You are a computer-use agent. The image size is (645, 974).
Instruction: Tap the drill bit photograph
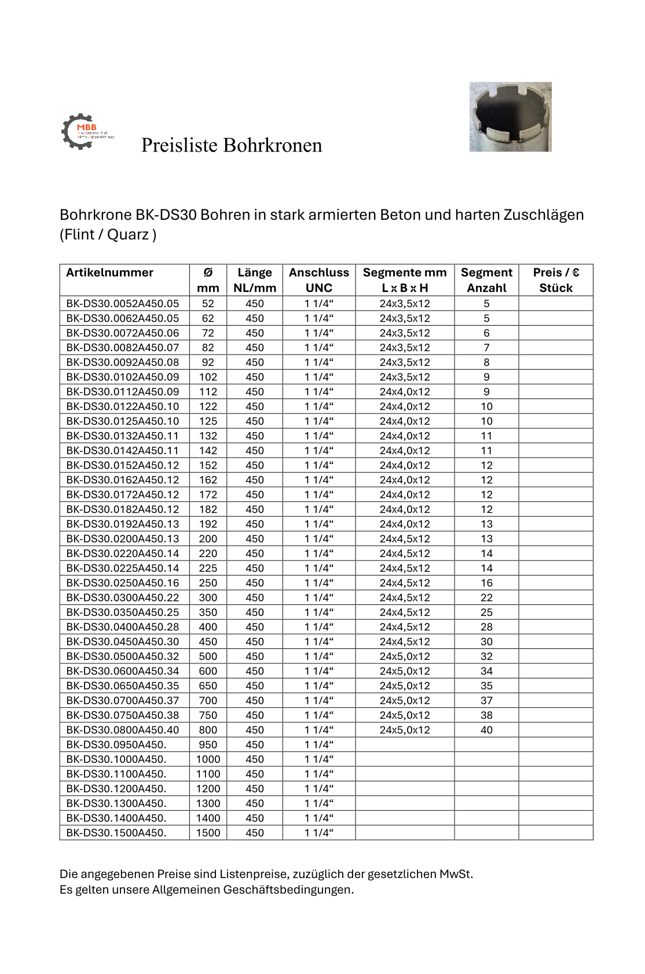(x=510, y=117)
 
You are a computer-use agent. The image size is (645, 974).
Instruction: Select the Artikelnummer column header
(x=110, y=273)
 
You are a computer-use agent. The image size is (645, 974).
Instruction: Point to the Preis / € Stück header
(x=556, y=280)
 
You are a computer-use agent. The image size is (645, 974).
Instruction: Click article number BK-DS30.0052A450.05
(x=123, y=304)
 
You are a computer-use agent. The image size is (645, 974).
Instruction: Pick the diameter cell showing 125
(x=208, y=421)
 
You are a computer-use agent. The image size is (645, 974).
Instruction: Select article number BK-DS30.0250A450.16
(x=123, y=583)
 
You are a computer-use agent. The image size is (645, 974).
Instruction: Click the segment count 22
(x=486, y=597)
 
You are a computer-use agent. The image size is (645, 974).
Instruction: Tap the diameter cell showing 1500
(x=208, y=833)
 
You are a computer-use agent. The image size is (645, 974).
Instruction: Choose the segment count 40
(x=486, y=730)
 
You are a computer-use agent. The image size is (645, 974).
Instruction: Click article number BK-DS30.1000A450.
(x=116, y=759)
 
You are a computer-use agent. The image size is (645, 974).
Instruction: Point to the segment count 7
(x=486, y=348)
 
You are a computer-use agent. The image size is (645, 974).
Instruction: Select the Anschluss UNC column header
(x=319, y=280)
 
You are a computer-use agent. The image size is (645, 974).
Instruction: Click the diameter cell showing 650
(x=208, y=686)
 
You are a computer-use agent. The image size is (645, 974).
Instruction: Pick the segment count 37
(x=486, y=700)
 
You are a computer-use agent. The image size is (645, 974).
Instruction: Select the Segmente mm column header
(x=405, y=280)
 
